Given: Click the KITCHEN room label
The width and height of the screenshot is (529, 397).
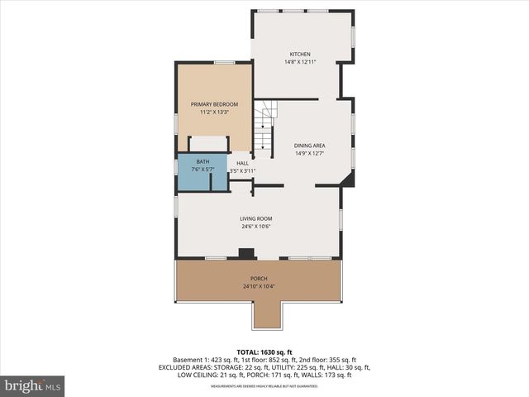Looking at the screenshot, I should click(x=299, y=55).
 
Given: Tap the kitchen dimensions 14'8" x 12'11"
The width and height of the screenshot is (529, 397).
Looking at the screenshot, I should click(x=299, y=62).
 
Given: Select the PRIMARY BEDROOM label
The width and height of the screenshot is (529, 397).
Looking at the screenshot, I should click(x=214, y=104).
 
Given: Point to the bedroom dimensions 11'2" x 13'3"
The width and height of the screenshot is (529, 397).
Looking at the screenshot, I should click(x=214, y=112).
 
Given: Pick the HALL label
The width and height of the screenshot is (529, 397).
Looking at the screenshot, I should click(x=242, y=163).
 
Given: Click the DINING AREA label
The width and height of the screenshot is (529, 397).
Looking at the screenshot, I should click(x=309, y=146).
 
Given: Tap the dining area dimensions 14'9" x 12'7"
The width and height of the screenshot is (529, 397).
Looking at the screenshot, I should click(x=309, y=153).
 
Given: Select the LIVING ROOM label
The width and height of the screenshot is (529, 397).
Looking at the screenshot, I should click(x=256, y=218).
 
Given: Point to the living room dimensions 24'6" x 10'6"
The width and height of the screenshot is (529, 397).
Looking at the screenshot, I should click(x=256, y=226).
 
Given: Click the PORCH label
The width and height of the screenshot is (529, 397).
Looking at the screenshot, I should click(x=259, y=279).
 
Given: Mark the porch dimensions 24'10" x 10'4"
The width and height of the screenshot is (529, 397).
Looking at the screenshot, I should click(x=259, y=286).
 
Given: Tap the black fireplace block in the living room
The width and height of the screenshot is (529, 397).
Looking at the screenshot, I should click(x=246, y=254).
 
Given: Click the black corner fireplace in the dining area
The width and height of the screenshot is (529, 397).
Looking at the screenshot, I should click(x=349, y=179).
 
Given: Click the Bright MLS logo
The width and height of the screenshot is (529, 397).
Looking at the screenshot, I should click(x=33, y=385).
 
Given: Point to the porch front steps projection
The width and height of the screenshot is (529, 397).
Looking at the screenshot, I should click(x=269, y=313).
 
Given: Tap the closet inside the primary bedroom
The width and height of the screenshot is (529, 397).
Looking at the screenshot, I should click(x=208, y=144).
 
